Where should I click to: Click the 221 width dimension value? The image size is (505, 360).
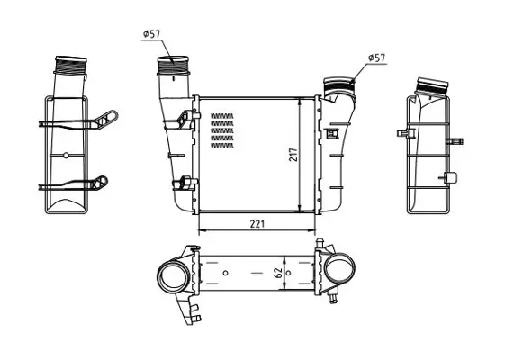tap(257, 223)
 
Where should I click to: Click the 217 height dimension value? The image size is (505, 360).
tap(293, 155)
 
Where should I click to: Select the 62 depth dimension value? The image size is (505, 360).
tap(278, 273)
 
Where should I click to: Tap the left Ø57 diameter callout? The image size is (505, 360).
tap(150, 34)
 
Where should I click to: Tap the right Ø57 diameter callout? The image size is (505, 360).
tap(376, 58)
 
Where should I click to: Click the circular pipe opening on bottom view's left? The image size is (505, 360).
tap(172, 276)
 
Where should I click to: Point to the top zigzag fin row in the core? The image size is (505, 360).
tap(222, 116)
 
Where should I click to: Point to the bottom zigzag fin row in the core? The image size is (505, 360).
tap(222, 146)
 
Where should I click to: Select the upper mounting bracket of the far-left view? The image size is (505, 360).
tap(80, 121)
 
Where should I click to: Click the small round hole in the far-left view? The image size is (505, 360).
tap(66, 156)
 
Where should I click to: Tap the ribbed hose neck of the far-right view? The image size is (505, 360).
tap(432, 85)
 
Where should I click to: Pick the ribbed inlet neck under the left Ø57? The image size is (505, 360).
tap(173, 66)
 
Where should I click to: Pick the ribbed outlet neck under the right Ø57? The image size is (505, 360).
tap(338, 85)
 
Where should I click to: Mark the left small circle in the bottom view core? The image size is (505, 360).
tap(225, 273)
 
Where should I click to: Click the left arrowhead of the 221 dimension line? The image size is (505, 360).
tap(201, 230)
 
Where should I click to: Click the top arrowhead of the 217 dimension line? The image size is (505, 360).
tap(300, 101)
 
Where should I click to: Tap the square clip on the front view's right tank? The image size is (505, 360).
tap(331, 133)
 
